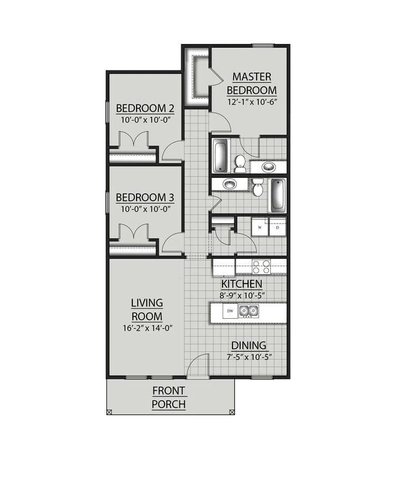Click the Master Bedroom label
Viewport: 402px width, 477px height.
coord(252,83)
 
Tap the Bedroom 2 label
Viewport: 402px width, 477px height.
coord(145,108)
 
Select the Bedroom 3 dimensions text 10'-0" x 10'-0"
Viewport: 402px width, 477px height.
coord(145,209)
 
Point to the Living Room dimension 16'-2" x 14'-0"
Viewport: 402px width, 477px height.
coord(148,328)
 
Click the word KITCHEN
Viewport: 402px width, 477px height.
coord(241,284)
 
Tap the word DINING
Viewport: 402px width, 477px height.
coord(249,345)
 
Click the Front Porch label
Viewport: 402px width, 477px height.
coord(168,397)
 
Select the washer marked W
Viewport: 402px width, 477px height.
coord(260,227)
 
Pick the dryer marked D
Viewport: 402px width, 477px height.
coord(278,227)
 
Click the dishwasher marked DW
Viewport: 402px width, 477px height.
coord(230,311)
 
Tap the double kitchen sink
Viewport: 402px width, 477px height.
coord(249,311)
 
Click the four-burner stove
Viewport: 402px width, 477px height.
coord(261,267)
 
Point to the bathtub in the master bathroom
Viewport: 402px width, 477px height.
coord(220,156)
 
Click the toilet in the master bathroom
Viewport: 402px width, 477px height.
coord(240,163)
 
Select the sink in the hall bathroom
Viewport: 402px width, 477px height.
coord(230,184)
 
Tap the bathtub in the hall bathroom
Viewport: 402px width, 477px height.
coord(278,196)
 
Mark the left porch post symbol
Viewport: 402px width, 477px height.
coord(109,412)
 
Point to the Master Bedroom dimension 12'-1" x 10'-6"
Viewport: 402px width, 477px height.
coord(252,102)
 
